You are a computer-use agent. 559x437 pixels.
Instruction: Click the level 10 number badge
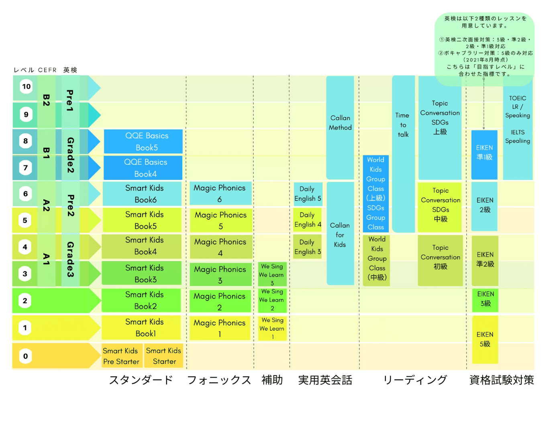click(26, 86)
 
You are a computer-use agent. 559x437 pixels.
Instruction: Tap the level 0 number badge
click(25, 356)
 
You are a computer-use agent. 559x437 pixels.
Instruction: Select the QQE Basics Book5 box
click(143, 141)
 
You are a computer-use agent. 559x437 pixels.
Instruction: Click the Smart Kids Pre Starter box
click(122, 356)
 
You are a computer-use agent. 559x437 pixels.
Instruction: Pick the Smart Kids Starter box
click(163, 356)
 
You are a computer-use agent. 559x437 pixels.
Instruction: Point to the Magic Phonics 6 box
click(220, 194)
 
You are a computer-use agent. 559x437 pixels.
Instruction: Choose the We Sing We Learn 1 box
click(272, 328)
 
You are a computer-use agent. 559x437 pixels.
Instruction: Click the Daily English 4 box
click(308, 220)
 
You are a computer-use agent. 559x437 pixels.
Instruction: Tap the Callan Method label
click(340, 123)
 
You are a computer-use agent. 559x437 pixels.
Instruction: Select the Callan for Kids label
click(340, 235)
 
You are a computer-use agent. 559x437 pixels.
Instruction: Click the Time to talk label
click(403, 125)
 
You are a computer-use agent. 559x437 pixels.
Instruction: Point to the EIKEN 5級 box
click(485, 339)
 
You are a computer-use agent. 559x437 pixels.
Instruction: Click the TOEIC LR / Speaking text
click(518, 107)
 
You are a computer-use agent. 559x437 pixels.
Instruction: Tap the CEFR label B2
click(46, 100)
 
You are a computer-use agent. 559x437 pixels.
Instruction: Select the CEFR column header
click(47, 70)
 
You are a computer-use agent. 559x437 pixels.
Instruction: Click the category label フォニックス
click(219, 380)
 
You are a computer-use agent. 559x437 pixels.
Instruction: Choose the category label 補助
click(272, 380)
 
